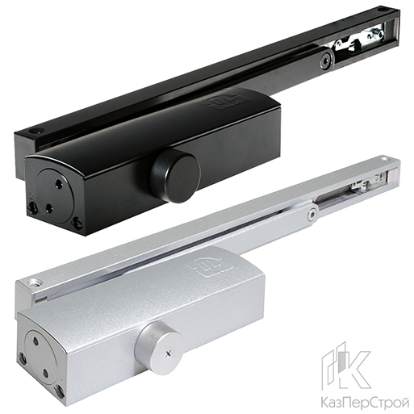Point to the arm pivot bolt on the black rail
click(x=325, y=59)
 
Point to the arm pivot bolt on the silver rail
click(x=312, y=215)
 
